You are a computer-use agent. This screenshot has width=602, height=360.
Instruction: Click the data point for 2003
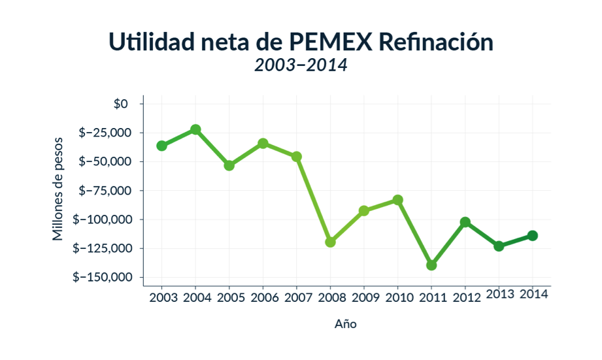(x=161, y=146)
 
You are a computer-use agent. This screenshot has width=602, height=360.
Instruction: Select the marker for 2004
(x=195, y=129)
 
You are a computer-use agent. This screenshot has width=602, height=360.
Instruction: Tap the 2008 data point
(x=330, y=242)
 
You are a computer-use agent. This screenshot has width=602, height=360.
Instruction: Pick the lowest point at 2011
(x=431, y=265)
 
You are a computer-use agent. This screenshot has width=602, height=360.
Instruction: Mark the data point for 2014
(x=533, y=235)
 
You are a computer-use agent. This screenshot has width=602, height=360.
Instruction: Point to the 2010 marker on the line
(x=397, y=200)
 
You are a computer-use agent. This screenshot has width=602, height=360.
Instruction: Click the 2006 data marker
(x=263, y=143)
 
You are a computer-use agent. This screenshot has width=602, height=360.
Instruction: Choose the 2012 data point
(x=465, y=222)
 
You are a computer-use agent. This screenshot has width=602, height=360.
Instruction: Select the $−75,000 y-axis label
(x=106, y=190)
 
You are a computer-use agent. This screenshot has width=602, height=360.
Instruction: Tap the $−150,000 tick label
(x=103, y=277)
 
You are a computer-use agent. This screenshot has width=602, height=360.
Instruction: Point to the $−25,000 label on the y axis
(x=106, y=133)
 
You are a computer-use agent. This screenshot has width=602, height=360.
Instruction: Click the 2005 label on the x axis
(x=229, y=298)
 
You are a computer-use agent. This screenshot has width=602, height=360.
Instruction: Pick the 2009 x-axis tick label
(x=364, y=298)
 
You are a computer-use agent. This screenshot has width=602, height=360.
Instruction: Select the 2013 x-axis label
(x=499, y=294)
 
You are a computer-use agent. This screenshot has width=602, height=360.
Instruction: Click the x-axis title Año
(x=346, y=323)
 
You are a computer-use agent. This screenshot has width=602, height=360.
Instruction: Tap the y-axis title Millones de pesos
(x=59, y=188)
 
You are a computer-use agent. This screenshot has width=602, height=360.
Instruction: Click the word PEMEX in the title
(x=330, y=41)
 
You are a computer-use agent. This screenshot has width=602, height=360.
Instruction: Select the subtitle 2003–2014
(x=301, y=65)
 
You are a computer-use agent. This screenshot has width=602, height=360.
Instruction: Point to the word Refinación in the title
(x=435, y=41)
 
